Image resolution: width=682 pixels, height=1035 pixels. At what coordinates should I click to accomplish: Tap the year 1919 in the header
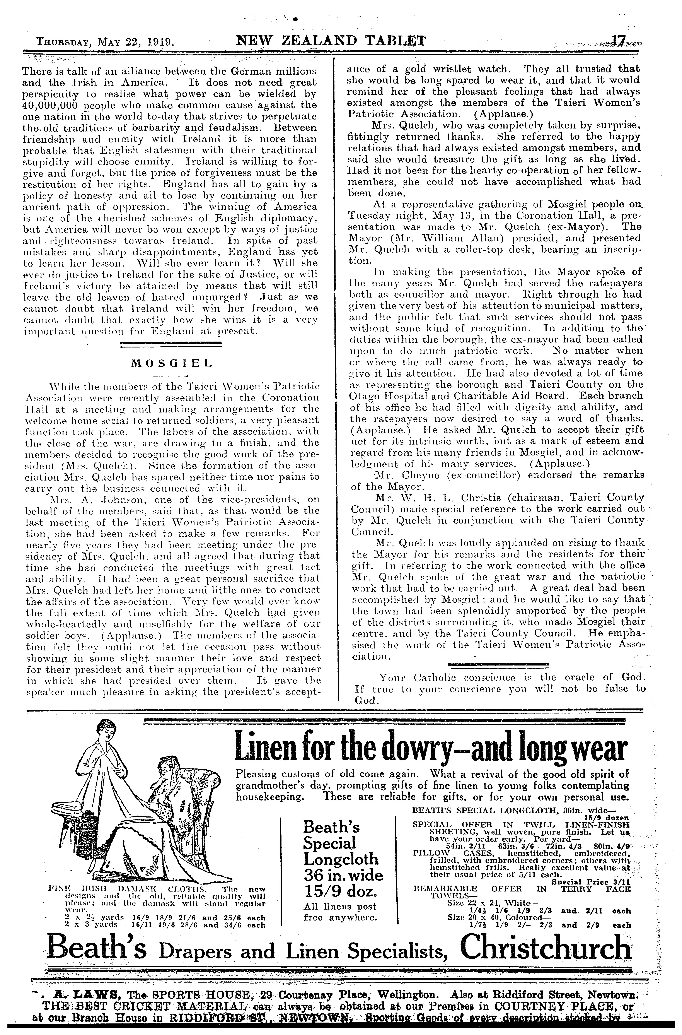click(161, 43)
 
